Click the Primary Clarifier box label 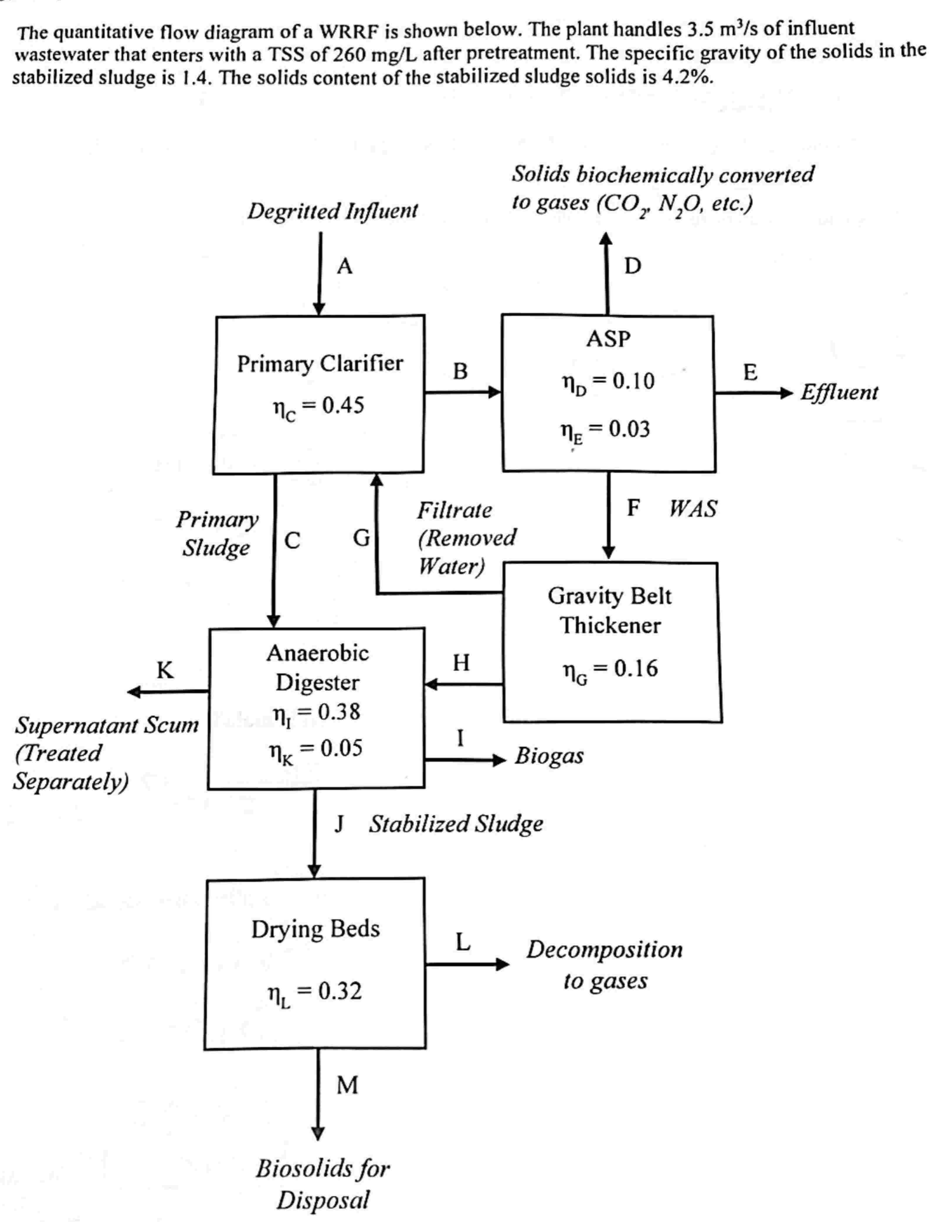(320, 364)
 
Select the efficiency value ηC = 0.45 (318, 407)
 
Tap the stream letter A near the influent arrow (344, 267)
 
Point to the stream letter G (362, 538)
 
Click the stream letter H (461, 663)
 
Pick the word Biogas (549, 756)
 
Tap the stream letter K (165, 671)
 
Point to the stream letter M (347, 1085)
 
